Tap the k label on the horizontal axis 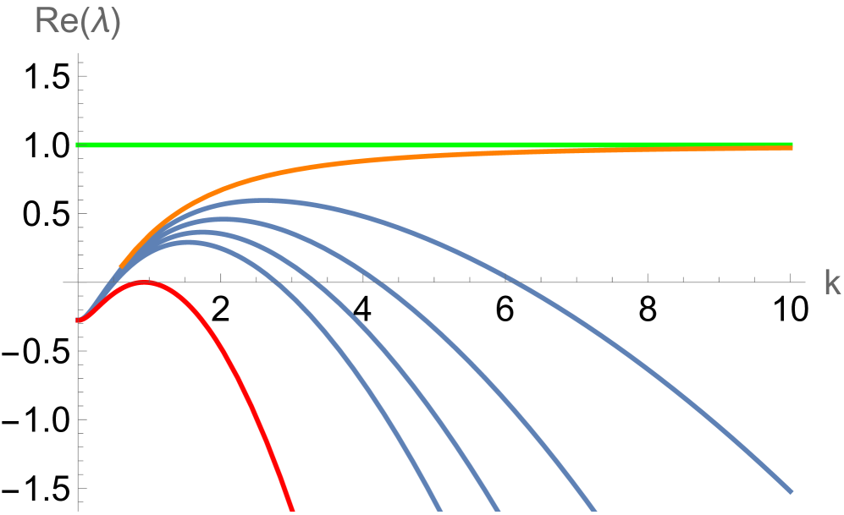coord(832,284)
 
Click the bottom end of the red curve coord(292,509)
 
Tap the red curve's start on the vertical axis coord(79,320)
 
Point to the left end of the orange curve coord(121,266)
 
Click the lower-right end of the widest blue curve coord(791,490)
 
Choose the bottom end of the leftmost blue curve coord(439,510)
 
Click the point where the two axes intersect coord(79,282)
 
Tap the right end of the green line coord(791,145)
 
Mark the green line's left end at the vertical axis coord(79,145)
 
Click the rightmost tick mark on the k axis coord(790,278)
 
